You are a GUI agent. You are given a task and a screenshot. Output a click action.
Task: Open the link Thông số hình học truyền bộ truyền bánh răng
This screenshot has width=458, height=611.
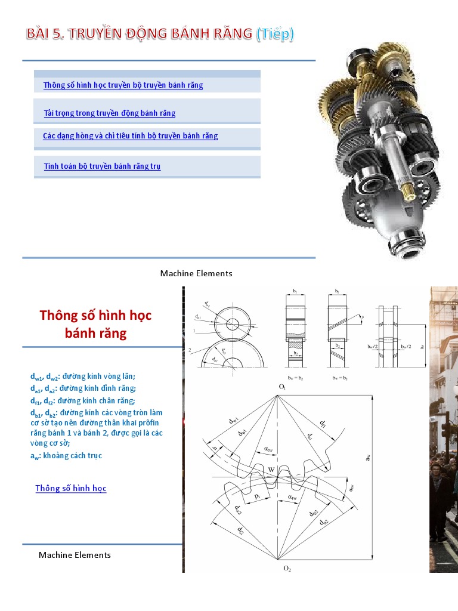(x=123, y=85)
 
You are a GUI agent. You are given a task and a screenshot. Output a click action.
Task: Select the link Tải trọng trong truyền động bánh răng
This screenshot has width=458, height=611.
(x=110, y=113)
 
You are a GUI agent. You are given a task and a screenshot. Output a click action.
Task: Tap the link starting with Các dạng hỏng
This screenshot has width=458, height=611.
(x=130, y=136)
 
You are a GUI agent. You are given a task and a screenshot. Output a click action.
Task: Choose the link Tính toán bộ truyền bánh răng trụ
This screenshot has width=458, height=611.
(x=102, y=166)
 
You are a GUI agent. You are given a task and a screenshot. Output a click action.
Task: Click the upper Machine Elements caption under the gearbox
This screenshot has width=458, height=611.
(x=196, y=273)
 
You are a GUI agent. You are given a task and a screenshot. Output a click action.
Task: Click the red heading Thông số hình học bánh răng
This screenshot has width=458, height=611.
(x=96, y=324)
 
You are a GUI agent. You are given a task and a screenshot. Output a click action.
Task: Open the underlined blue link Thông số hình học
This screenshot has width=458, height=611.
(x=71, y=489)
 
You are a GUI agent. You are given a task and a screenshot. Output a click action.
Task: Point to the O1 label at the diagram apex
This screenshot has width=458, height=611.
(x=282, y=387)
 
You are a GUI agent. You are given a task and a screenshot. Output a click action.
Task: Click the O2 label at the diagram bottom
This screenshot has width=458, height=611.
(x=287, y=569)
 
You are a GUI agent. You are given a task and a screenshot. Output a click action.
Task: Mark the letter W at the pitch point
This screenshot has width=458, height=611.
(x=271, y=470)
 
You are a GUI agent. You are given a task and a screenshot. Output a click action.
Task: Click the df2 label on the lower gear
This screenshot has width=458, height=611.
(x=239, y=530)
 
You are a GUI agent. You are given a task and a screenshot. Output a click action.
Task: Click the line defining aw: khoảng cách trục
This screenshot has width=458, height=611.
(x=66, y=456)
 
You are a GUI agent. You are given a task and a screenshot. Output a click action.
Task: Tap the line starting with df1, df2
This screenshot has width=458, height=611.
(x=83, y=401)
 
